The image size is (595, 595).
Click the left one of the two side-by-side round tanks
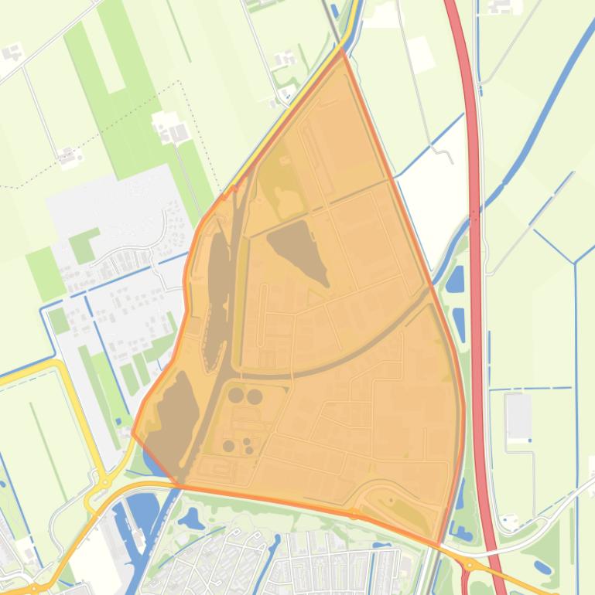click(x=236, y=396)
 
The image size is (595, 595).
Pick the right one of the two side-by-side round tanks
click(x=255, y=396)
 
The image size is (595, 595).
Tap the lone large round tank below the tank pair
click(x=228, y=446)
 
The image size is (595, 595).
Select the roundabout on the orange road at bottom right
click(x=469, y=566)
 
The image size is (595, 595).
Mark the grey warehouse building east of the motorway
click(x=518, y=416)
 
